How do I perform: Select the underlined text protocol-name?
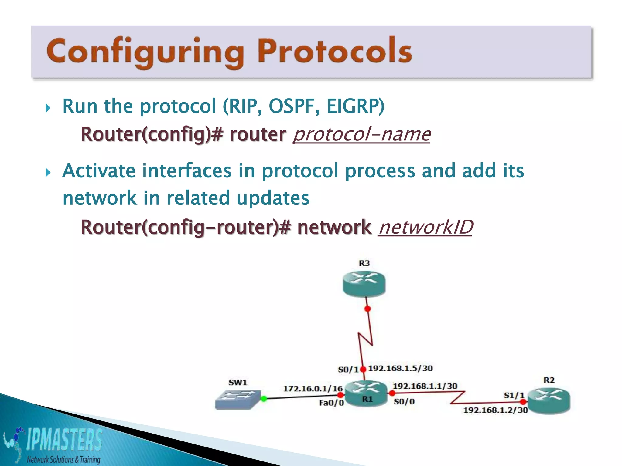[361, 134]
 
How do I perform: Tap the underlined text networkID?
[425, 227]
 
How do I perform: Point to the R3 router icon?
[364, 284]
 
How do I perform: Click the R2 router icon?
[549, 400]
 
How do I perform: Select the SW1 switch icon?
[238, 399]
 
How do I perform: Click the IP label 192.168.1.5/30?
[400, 368]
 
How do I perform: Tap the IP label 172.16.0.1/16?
[313, 388]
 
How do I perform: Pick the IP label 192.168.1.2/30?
[495, 410]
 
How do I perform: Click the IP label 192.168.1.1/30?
[425, 386]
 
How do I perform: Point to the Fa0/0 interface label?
[331, 403]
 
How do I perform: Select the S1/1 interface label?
[514, 395]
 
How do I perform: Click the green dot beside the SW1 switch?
[264, 399]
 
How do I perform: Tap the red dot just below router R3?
[367, 309]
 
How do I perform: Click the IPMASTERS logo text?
[64, 439]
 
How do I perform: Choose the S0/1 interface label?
[348, 370]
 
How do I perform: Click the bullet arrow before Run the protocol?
[48, 108]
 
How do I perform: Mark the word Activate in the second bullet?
[99, 171]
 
